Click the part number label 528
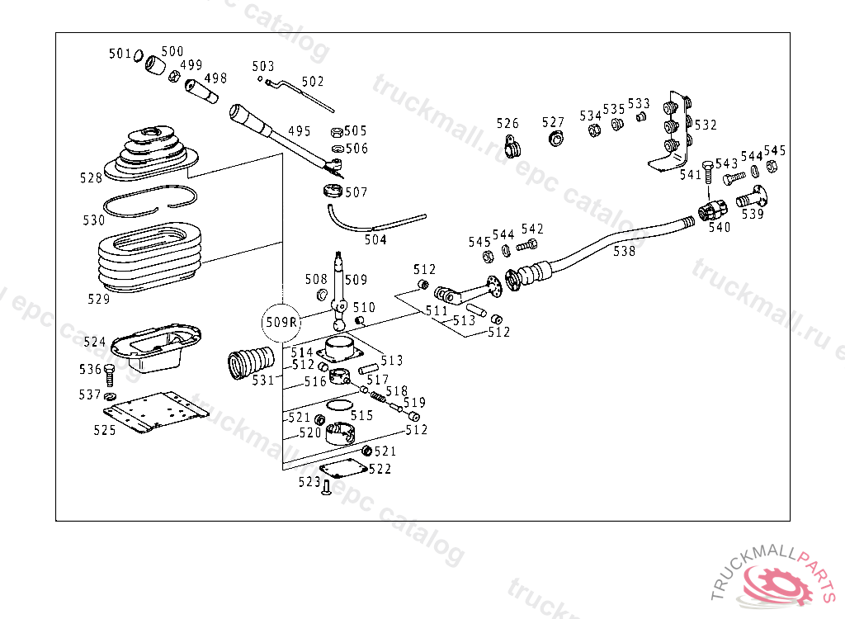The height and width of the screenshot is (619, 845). pyautogui.click(x=91, y=177)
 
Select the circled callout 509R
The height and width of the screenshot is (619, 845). pyautogui.click(x=281, y=322)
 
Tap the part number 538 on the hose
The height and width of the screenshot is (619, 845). pyautogui.click(x=624, y=251)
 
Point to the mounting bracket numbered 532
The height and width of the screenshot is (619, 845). pyautogui.click(x=672, y=131)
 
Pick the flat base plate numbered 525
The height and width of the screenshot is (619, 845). pyautogui.click(x=156, y=411)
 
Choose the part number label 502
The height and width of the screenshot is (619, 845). pyautogui.click(x=313, y=82)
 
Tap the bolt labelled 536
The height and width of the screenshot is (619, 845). pyautogui.click(x=110, y=375)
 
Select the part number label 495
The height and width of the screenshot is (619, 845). pyautogui.click(x=300, y=131)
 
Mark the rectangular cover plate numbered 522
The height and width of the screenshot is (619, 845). pyautogui.click(x=342, y=468)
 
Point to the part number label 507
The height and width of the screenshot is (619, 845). pyautogui.click(x=356, y=192)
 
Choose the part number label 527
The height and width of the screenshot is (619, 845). pyautogui.click(x=553, y=122)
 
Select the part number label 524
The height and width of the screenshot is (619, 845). pyautogui.click(x=95, y=342)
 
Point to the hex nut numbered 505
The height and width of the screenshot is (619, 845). pyautogui.click(x=337, y=132)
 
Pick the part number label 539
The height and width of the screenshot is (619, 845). pyautogui.click(x=753, y=214)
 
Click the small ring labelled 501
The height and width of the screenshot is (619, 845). pyautogui.click(x=139, y=55)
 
